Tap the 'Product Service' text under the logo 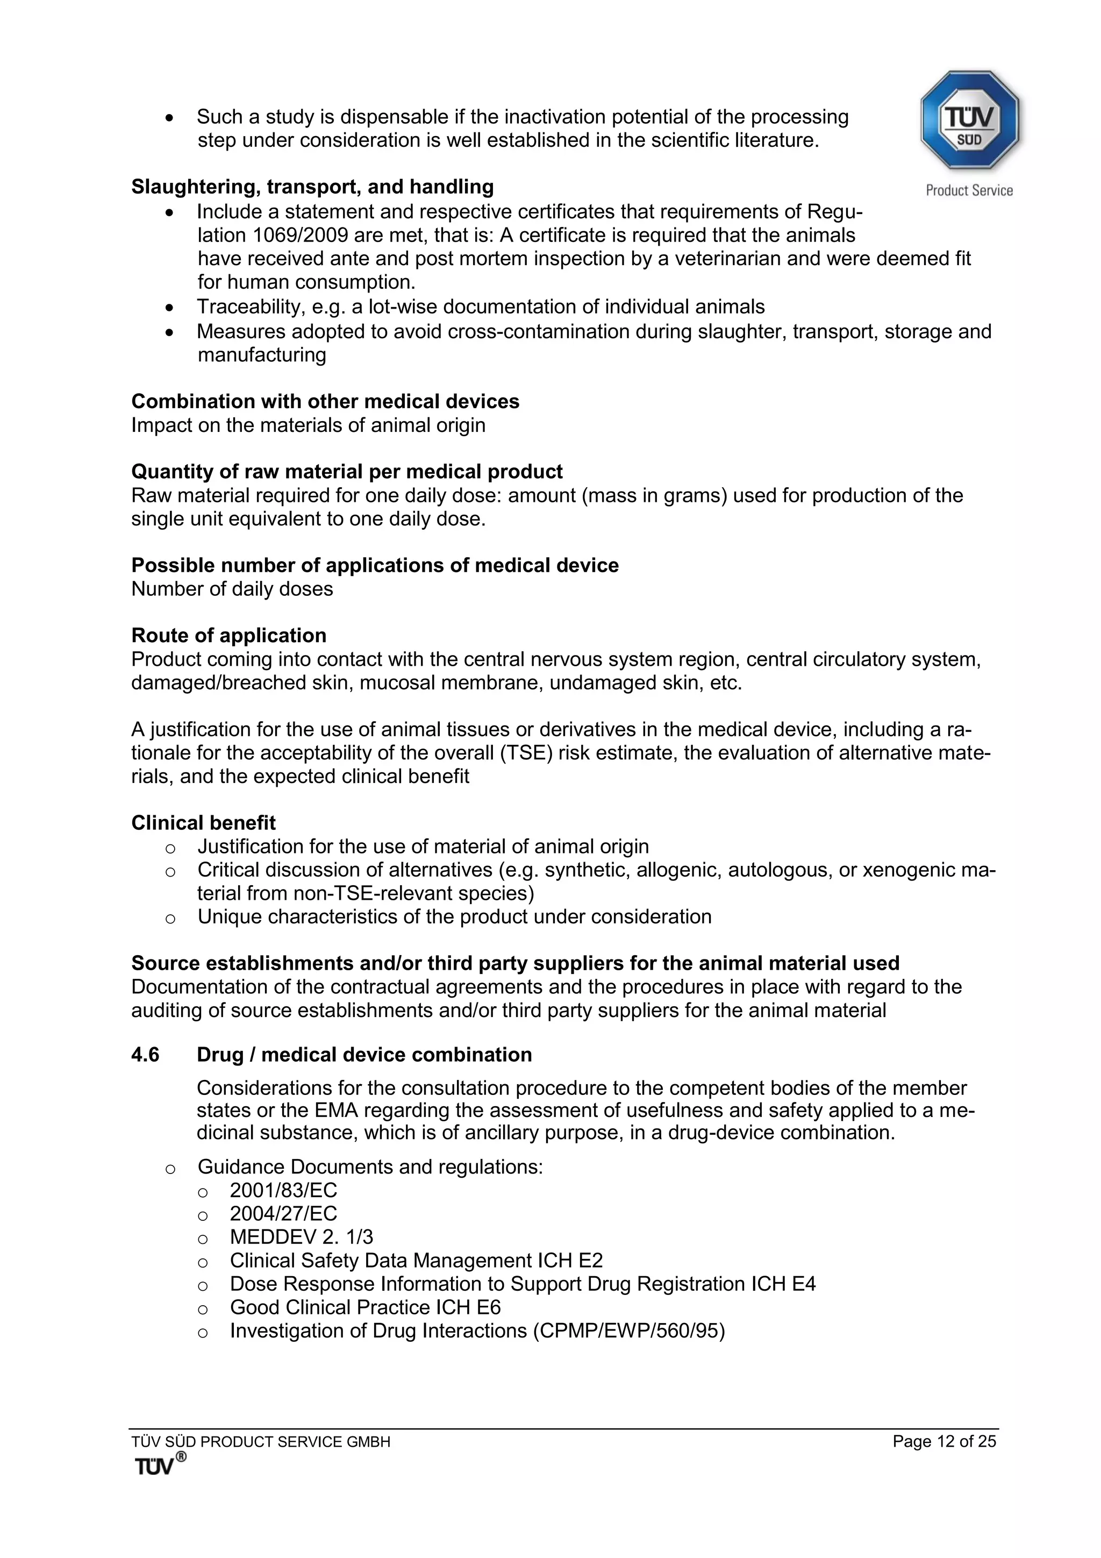pos(969,191)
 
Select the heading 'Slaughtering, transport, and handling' pos(312,187)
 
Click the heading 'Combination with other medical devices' pos(325,401)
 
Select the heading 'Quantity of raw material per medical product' pos(347,472)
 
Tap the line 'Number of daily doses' pos(232,589)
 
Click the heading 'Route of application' pos(228,635)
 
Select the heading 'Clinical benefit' pos(204,823)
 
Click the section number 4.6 pos(145,1055)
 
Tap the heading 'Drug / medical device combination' pos(364,1055)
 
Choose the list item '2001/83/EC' pos(283,1190)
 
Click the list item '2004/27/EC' pos(283,1213)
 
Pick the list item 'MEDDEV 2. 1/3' pos(301,1237)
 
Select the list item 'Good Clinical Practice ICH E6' pos(365,1307)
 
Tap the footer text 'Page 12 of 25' pos(943,1441)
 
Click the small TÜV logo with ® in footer pos(160,1464)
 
